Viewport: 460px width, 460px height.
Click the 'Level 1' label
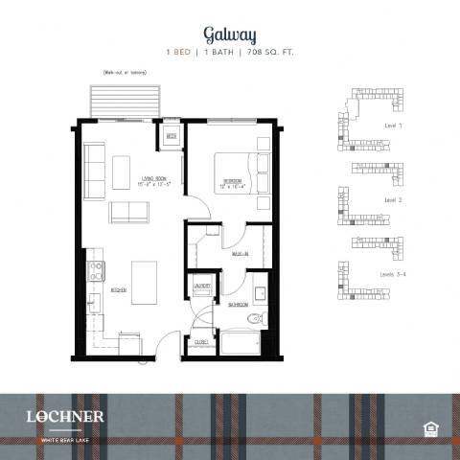[x=393, y=126]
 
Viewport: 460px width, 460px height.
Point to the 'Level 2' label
[x=392, y=199]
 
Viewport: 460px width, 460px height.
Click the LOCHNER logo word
[x=66, y=415]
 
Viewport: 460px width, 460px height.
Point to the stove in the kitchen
[x=96, y=270]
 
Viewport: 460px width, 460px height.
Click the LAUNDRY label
[x=202, y=286]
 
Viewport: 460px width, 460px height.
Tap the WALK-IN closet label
[x=240, y=255]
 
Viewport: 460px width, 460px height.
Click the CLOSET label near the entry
[x=201, y=341]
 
